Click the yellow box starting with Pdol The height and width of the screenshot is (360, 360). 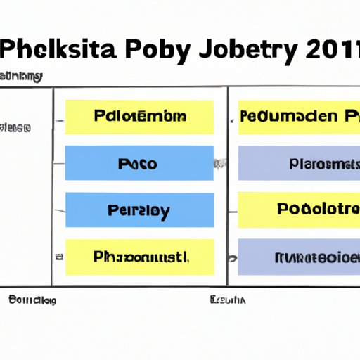click(x=139, y=117)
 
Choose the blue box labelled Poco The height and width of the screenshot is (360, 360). click(x=139, y=164)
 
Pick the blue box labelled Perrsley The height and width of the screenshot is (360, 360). click(x=139, y=210)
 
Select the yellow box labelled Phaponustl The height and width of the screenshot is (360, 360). click(x=139, y=256)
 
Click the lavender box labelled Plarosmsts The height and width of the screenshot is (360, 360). click(x=300, y=164)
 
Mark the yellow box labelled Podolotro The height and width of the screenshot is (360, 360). click(x=300, y=210)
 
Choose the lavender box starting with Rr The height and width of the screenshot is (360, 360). click(x=300, y=256)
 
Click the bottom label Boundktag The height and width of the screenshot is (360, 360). click(x=32, y=300)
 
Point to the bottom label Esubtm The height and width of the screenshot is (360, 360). click(x=228, y=300)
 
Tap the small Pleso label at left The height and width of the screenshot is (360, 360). click(x=15, y=128)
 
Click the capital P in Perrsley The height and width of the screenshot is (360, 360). click(x=112, y=210)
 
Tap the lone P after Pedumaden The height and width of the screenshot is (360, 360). click(x=349, y=116)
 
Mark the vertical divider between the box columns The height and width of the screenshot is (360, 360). click(x=227, y=186)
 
